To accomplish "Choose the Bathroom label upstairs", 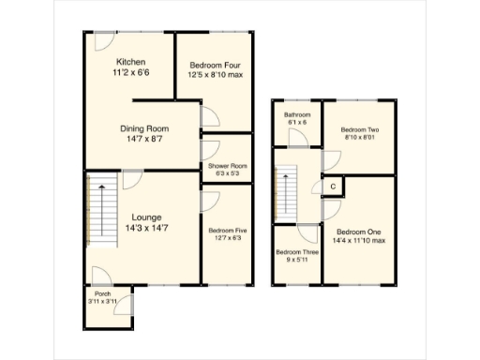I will pos(296,114).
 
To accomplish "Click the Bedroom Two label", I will pos(358,129).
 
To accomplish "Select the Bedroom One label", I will pos(358,231).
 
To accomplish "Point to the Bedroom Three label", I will pos(296,252).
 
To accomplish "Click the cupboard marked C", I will pos(333,187).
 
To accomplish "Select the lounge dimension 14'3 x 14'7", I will pos(146,226).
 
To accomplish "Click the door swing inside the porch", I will pos(101,276).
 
